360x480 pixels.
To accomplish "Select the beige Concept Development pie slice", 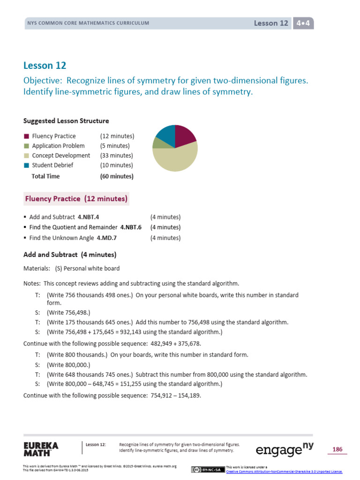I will (176, 158).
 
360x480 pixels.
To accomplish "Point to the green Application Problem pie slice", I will (157, 142).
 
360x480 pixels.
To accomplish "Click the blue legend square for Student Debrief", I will (26, 165).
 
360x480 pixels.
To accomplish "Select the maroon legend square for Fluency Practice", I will (26, 136).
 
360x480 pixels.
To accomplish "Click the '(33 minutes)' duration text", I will (116, 156).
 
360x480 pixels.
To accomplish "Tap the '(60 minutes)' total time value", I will (116, 177).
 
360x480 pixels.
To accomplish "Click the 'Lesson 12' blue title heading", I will (45, 66).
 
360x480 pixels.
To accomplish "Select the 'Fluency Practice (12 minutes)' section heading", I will (76, 199).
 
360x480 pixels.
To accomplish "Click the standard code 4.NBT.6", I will (131, 227).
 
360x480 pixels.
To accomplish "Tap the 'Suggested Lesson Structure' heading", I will (66, 121).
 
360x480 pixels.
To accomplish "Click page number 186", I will (337, 450).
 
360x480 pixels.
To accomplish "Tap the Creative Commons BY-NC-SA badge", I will (208, 470).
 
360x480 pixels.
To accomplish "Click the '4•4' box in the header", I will (303, 23).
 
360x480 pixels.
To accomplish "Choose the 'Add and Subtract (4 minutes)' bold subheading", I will (70, 255).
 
